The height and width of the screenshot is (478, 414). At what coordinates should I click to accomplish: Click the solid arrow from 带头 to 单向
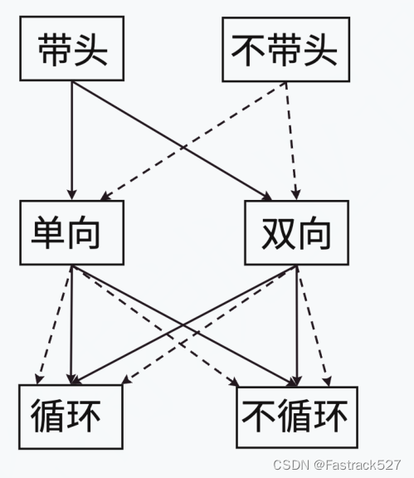point(72,140)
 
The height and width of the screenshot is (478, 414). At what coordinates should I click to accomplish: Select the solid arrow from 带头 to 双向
point(172,140)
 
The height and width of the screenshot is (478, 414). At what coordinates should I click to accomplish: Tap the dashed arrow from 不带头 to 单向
point(193,141)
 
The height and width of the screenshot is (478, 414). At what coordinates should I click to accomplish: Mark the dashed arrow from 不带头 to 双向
point(291,141)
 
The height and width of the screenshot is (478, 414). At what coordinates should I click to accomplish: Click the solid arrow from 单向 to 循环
point(71,324)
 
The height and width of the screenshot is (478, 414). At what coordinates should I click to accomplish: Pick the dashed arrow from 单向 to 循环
point(54,324)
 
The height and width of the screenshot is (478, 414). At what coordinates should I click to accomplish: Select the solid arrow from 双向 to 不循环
point(297,325)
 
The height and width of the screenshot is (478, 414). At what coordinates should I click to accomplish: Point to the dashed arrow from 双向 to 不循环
point(313,325)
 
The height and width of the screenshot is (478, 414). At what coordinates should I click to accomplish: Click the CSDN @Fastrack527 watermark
point(337,465)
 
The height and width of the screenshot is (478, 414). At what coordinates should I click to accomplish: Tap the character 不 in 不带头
point(247,50)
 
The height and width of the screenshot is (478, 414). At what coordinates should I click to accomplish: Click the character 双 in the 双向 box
point(277,233)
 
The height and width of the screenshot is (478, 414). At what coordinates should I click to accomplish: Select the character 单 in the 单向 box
point(48,232)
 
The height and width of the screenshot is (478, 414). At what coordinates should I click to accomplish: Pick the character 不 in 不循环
point(258,416)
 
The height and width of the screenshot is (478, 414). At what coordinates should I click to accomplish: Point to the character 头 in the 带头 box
point(91,49)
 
